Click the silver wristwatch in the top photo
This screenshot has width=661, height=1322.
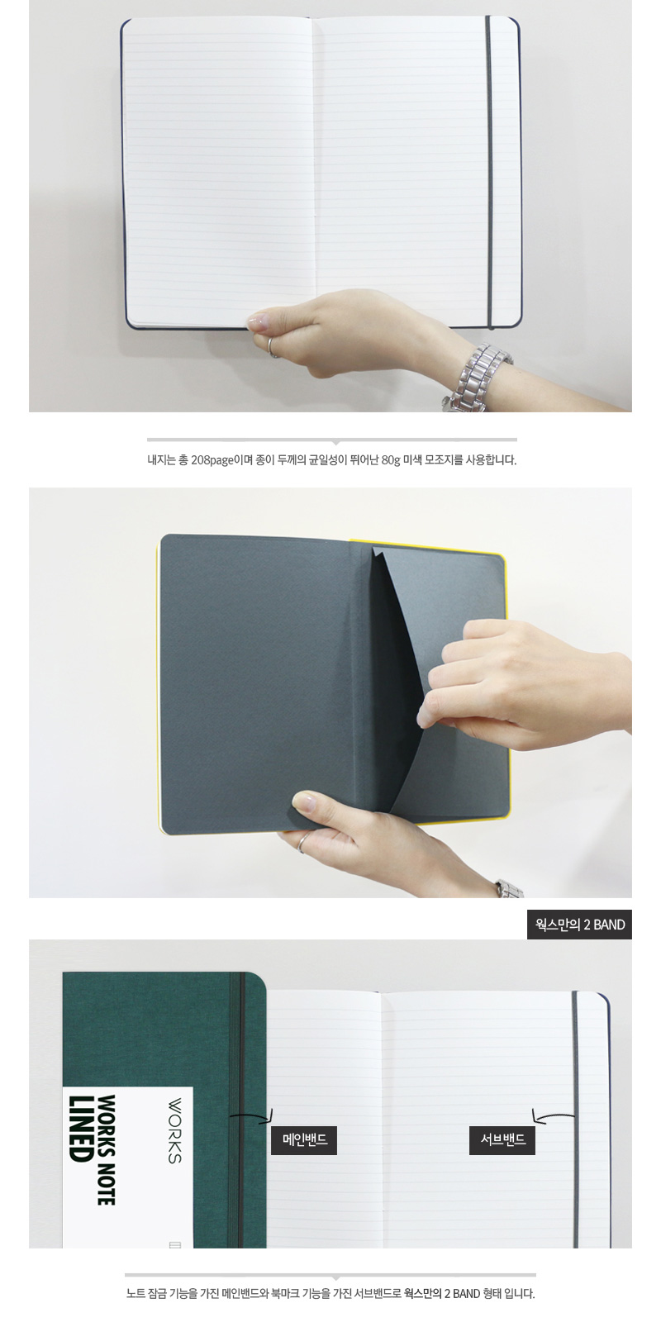point(478,378)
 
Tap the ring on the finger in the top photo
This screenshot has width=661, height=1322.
point(272,348)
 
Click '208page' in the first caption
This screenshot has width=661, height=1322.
point(212,460)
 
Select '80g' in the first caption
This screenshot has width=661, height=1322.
point(391,460)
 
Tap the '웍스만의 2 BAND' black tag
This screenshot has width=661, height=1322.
point(579,925)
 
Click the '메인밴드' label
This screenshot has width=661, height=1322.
point(304,1139)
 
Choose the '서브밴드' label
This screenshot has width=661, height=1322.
point(502,1139)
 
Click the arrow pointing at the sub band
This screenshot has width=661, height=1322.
point(553,1115)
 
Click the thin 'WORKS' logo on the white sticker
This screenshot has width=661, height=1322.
point(174,1130)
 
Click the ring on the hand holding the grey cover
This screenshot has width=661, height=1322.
point(302,842)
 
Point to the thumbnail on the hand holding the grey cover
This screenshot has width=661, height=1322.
point(302,802)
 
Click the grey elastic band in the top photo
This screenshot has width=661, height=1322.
point(488,172)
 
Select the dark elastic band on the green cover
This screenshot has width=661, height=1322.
point(236,1110)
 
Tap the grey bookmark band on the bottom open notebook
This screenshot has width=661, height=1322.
point(575,1120)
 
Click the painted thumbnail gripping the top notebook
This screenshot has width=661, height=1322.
point(259,321)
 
